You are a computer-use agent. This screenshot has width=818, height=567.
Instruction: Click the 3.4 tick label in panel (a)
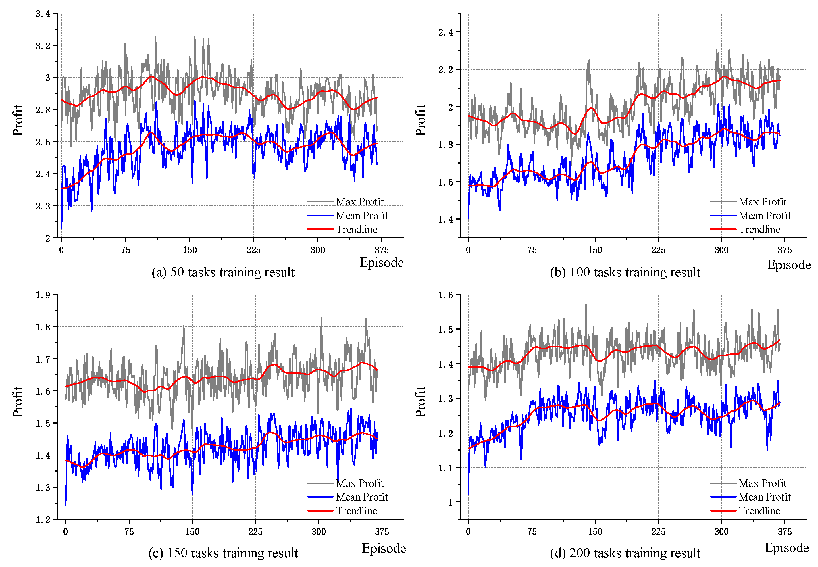[x=43, y=14]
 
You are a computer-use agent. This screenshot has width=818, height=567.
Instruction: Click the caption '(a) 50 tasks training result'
[x=223, y=272]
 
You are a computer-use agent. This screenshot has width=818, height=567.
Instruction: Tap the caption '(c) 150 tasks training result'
[x=223, y=553]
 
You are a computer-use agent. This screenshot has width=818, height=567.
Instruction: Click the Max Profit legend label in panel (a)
[x=359, y=202]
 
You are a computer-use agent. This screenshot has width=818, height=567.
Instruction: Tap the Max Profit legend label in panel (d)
[x=762, y=483]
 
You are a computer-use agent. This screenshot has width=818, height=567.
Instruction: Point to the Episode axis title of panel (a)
[x=382, y=263]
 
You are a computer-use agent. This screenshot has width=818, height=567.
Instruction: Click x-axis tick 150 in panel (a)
[x=190, y=250]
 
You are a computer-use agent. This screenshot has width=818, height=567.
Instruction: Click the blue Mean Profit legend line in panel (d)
[x=723, y=497]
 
